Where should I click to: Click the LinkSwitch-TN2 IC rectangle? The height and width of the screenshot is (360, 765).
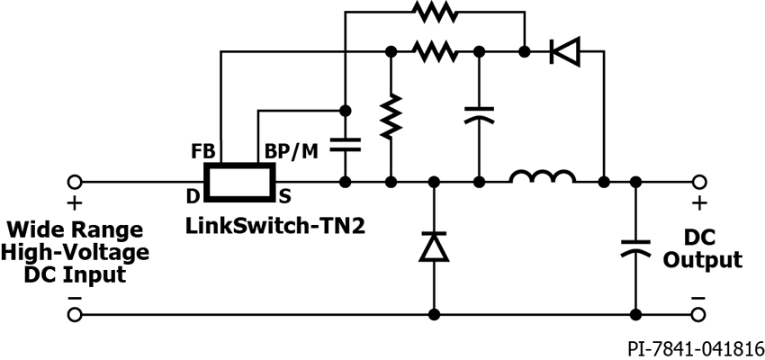click(x=238, y=182)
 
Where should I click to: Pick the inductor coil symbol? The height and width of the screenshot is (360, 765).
click(x=542, y=178)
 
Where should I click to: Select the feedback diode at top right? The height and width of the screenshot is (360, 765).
click(x=564, y=52)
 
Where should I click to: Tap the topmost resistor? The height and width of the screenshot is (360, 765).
click(x=436, y=13)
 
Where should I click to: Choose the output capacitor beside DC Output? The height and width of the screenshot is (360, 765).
click(x=636, y=247)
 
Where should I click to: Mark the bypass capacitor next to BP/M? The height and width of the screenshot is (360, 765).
click(x=344, y=143)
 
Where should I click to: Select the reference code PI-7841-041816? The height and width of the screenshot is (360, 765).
click(x=697, y=347)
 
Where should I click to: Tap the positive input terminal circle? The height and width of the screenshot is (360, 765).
click(x=75, y=182)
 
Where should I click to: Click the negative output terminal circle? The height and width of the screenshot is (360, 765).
click(x=697, y=315)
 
